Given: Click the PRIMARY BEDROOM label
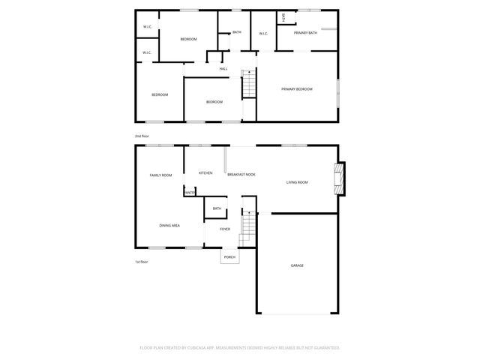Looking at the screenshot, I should (x=297, y=89).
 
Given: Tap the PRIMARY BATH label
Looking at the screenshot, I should (x=306, y=34).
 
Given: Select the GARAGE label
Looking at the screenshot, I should (x=297, y=265).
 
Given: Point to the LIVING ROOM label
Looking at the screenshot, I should (x=298, y=182).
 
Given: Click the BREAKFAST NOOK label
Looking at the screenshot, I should (x=241, y=174).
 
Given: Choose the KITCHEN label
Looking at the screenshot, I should (x=205, y=173).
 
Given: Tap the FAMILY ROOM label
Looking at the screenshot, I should (x=160, y=175).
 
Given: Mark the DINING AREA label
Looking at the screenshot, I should (x=169, y=225).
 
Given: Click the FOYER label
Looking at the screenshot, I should (x=224, y=229).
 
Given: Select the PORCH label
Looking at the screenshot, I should (x=229, y=257).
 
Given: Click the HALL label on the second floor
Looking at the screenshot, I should (x=223, y=69).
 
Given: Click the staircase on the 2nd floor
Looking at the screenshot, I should (x=249, y=83).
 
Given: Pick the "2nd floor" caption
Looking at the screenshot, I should (x=142, y=136).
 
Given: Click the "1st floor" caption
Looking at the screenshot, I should (x=142, y=262).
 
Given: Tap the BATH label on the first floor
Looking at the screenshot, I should (x=217, y=208).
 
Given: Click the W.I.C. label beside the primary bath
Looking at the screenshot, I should (x=264, y=33).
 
